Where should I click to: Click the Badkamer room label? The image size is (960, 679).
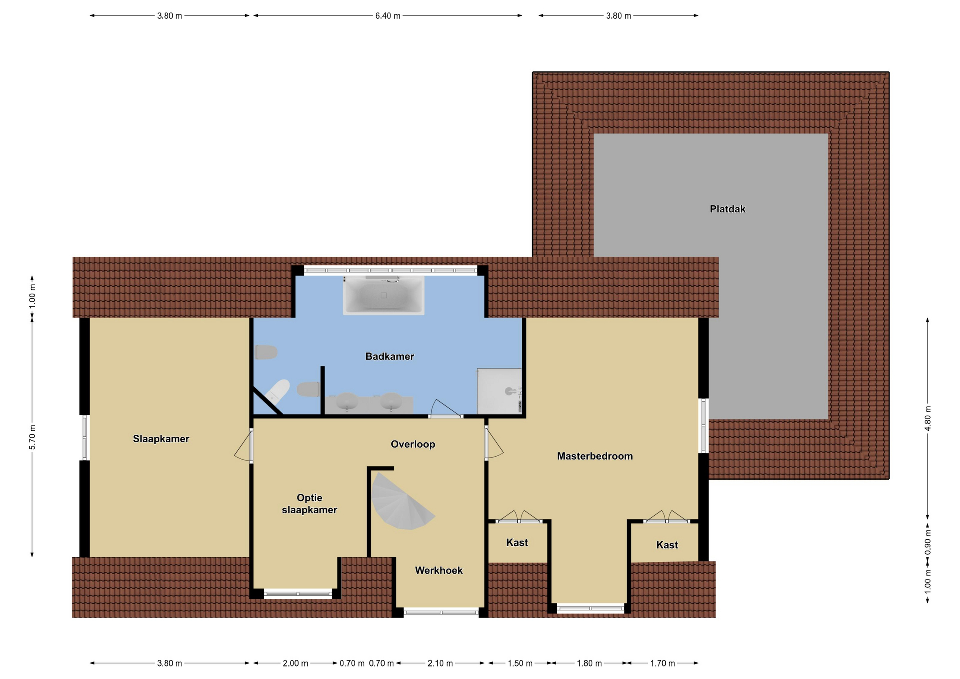click(x=389, y=356)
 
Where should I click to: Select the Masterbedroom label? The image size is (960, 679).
click(x=595, y=456)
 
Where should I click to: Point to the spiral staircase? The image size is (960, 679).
click(x=400, y=502)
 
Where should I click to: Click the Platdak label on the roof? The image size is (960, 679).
click(x=727, y=209)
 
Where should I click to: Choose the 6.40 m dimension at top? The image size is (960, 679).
click(x=387, y=16)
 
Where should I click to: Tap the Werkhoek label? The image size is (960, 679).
click(x=439, y=570)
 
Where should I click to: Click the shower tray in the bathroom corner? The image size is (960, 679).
click(x=499, y=391)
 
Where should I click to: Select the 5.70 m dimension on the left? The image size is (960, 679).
click(x=32, y=437)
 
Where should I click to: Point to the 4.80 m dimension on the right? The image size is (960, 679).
click(x=927, y=418)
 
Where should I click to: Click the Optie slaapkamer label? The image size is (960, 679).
click(x=309, y=504)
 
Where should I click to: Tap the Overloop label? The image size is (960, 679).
click(x=413, y=444)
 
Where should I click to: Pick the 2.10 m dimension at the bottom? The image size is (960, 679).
click(x=440, y=663)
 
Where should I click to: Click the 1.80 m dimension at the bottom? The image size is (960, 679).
click(x=589, y=663)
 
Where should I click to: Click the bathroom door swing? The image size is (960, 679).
click(x=446, y=408)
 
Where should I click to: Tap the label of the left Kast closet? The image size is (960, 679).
click(x=517, y=542)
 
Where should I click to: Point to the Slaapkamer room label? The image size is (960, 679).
click(x=161, y=439)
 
